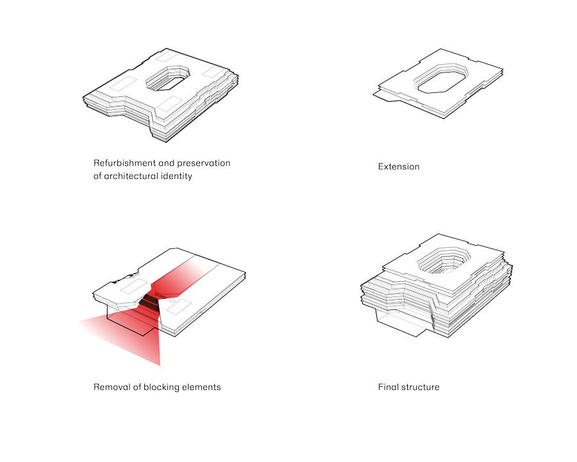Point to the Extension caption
pyautogui.click(x=399, y=167)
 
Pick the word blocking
pyautogui.click(x=161, y=387)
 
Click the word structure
pyautogui.click(x=420, y=387)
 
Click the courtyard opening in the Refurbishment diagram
pyautogui.click(x=168, y=78)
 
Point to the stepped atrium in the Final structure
pyautogui.click(x=444, y=261)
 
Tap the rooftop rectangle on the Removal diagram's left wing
pyautogui.click(x=134, y=286)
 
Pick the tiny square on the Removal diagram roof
pyautogui.click(x=172, y=302)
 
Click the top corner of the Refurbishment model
pyautogui.click(x=167, y=49)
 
